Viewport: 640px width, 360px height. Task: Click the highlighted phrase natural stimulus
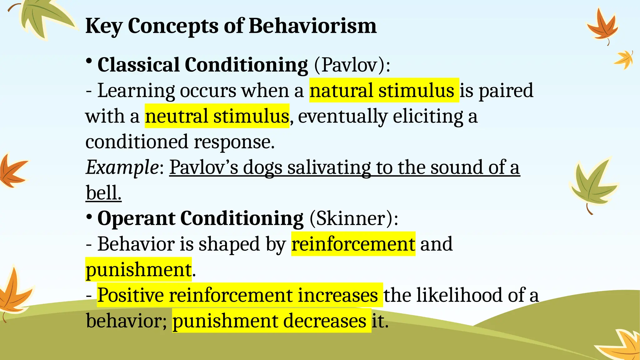[x=384, y=90]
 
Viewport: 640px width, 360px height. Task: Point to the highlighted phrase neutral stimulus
[x=217, y=116]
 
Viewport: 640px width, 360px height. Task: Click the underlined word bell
[x=103, y=193]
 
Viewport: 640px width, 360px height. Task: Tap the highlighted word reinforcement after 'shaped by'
[x=353, y=244]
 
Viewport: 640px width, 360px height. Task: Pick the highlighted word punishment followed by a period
[x=138, y=269]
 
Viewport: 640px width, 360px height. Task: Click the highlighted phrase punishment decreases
[x=269, y=321]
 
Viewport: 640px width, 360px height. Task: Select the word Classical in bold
[x=138, y=65]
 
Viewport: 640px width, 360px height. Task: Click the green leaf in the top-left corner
[x=47, y=19]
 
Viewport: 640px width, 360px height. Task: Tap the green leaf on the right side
[x=592, y=184]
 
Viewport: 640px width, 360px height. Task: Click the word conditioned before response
[x=137, y=142]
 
